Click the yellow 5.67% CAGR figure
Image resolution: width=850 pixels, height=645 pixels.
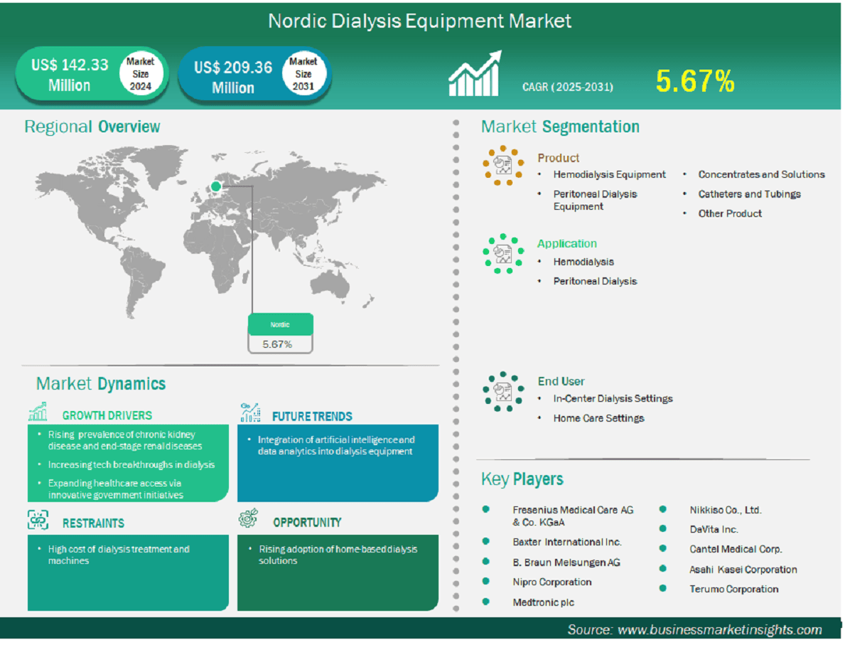pyautogui.click(x=695, y=81)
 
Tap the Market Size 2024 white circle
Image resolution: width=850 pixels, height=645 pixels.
pyautogui.click(x=141, y=74)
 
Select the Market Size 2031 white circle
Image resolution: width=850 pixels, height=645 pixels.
pyautogui.click(x=303, y=74)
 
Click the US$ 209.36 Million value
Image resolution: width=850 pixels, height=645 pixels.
pyautogui.click(x=233, y=77)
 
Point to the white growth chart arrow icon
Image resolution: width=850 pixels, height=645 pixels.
pyautogui.click(x=475, y=74)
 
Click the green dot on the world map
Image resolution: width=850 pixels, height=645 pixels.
pyautogui.click(x=216, y=186)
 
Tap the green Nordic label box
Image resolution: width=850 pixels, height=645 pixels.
pyautogui.click(x=280, y=324)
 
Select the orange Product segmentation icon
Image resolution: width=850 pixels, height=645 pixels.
pyautogui.click(x=503, y=165)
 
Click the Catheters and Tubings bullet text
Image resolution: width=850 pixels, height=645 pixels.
pyautogui.click(x=749, y=193)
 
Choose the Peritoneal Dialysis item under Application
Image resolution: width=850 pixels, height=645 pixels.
pyautogui.click(x=595, y=281)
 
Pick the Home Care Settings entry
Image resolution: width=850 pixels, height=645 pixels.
pyautogui.click(x=598, y=418)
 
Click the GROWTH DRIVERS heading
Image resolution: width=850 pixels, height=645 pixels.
pyautogui.click(x=107, y=415)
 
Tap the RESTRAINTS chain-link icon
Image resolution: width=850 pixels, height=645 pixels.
pyautogui.click(x=38, y=520)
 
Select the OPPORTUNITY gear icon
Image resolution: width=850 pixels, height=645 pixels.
pyautogui.click(x=248, y=518)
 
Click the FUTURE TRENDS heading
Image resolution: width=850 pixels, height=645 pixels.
pyautogui.click(x=312, y=417)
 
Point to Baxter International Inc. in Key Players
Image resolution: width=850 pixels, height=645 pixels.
pyautogui.click(x=567, y=542)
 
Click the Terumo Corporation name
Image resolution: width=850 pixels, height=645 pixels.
pyautogui.click(x=733, y=589)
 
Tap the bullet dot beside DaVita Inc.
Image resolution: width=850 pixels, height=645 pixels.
pyautogui.click(x=662, y=528)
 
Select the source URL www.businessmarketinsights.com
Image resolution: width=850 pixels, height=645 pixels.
pyautogui.click(x=719, y=630)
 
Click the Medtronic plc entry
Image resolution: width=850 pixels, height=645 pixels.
pyautogui.click(x=543, y=602)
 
